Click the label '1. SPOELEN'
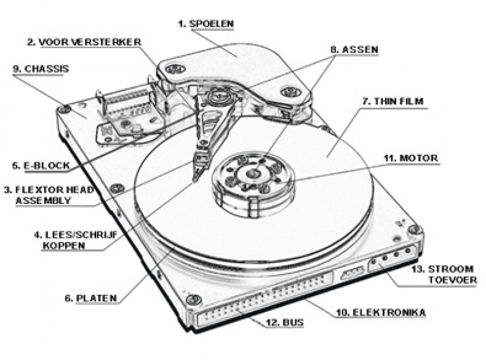pyautogui.click(x=206, y=24)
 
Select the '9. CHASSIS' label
pyautogui.click(x=40, y=69)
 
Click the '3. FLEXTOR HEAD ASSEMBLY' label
pyautogui.click(x=49, y=195)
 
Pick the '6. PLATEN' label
pyautogui.click(x=91, y=298)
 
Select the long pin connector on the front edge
pyautogui.click(x=261, y=304)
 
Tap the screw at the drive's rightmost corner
pyautogui.click(x=414, y=229)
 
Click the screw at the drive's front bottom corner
pyautogui.click(x=194, y=299)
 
